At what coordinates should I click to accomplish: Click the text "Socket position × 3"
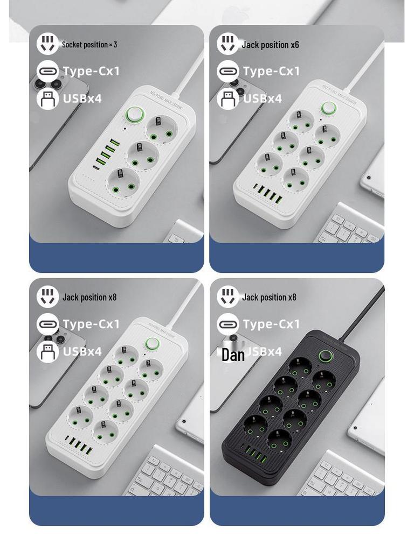tap(89, 45)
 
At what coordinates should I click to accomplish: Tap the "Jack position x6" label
tap(270, 45)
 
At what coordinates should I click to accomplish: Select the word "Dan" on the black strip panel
tap(233, 355)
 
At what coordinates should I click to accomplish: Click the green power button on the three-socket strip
tap(135, 115)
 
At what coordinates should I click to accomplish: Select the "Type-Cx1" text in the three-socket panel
tap(91, 71)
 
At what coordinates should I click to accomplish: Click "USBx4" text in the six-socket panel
tap(263, 98)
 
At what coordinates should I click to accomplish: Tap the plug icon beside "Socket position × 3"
tap(47, 44)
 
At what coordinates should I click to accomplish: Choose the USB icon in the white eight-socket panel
tap(47, 351)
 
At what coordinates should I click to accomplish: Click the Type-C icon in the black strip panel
tap(227, 324)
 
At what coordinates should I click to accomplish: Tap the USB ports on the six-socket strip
tap(267, 194)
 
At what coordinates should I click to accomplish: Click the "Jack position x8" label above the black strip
tap(269, 297)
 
